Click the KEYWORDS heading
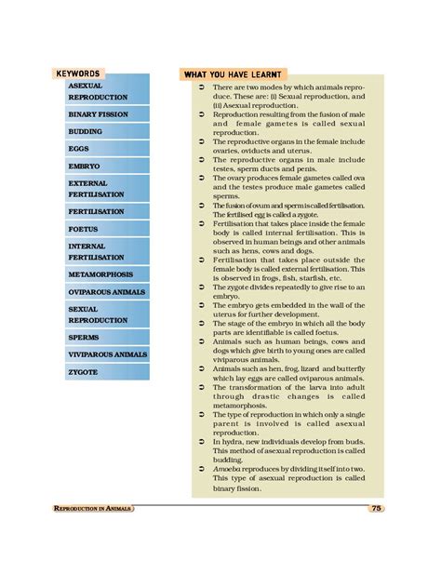click(78, 73)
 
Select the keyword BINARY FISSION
click(98, 114)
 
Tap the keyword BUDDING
click(86, 132)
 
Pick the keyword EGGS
click(78, 149)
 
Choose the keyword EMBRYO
click(83, 166)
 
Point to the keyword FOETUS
click(83, 229)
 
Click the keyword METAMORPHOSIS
click(100, 274)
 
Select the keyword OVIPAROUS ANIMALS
click(105, 291)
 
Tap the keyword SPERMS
click(84, 337)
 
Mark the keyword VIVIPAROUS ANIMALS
click(108, 354)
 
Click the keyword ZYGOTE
click(83, 371)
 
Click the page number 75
click(376, 508)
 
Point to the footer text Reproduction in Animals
click(93, 509)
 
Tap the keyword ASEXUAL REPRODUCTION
click(98, 91)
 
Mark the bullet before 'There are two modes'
click(202, 87)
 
